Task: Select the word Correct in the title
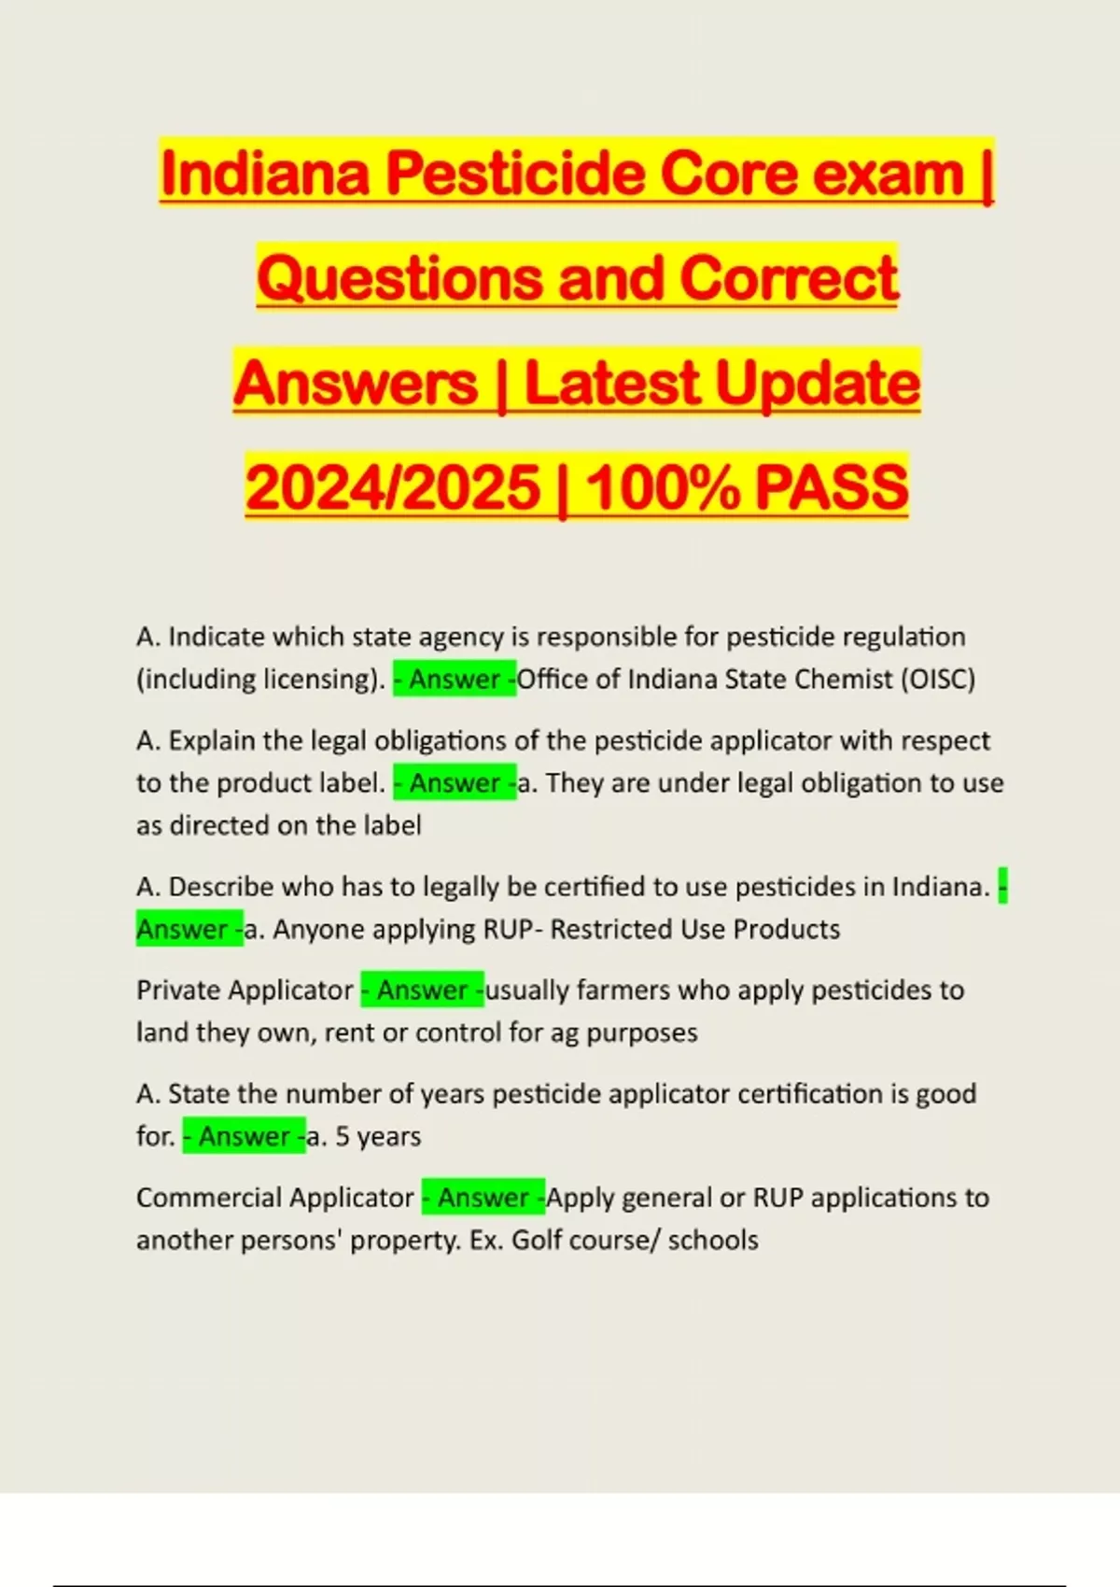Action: click(789, 278)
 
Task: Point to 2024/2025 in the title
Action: click(393, 487)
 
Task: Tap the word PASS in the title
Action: click(831, 487)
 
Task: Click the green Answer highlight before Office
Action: click(455, 679)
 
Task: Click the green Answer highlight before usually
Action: click(422, 990)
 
